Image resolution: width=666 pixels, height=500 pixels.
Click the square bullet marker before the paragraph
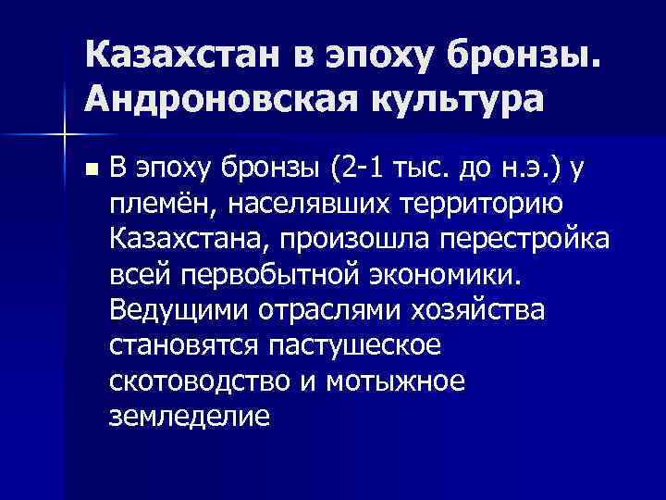tap(89, 170)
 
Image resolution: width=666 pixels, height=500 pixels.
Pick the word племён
tap(160, 203)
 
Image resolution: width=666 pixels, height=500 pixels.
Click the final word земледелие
tap(190, 416)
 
